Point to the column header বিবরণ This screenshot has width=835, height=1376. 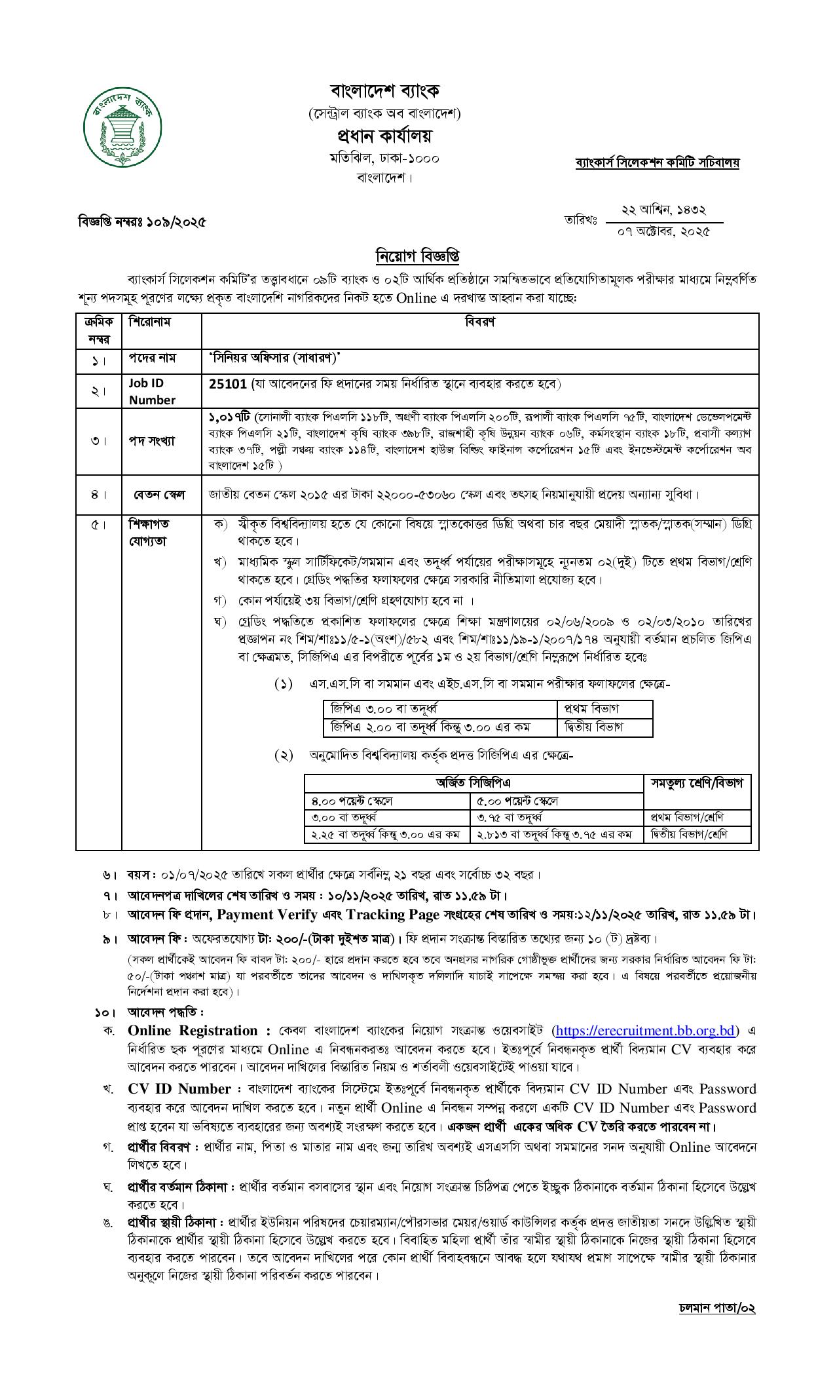pyautogui.click(x=479, y=322)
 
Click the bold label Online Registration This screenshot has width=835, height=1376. pyautogui.click(x=193, y=1031)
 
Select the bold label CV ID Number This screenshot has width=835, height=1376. pyautogui.click(x=179, y=1089)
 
